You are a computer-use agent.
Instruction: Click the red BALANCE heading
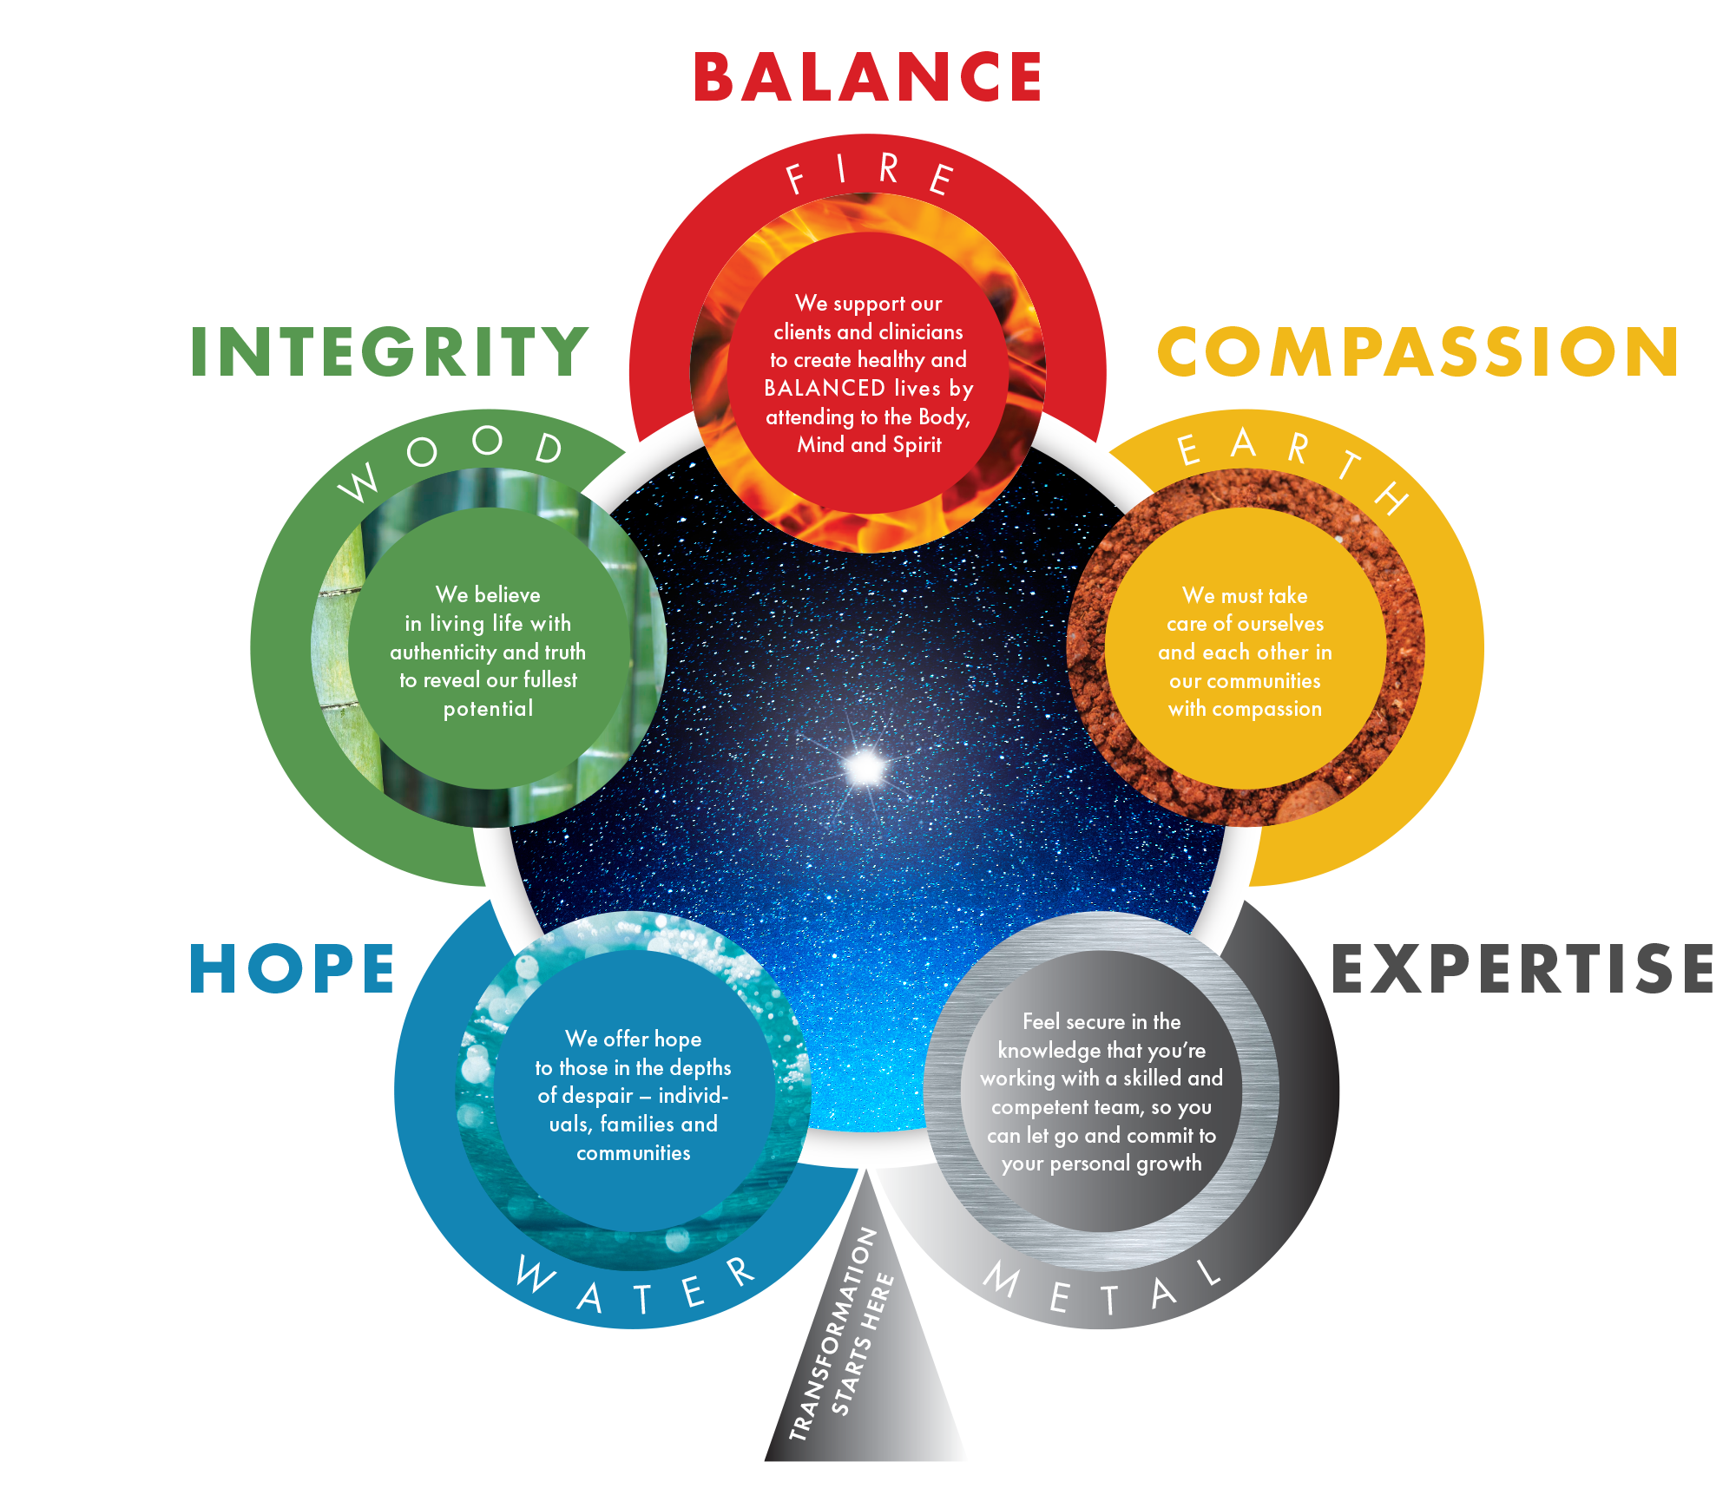[x=867, y=77]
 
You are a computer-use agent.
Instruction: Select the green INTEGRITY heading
[x=390, y=352]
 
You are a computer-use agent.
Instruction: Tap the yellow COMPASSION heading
[x=1418, y=352]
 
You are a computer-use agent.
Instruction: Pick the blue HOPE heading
[x=293, y=969]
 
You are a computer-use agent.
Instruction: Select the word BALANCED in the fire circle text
[x=824, y=388]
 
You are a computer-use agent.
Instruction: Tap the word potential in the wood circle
[x=488, y=710]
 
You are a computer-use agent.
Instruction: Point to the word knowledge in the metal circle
[x=1049, y=1051]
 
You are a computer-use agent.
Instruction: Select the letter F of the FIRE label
[x=795, y=180]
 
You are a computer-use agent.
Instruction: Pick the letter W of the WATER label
[x=535, y=1275]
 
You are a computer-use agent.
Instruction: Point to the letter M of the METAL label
[x=1003, y=1280]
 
